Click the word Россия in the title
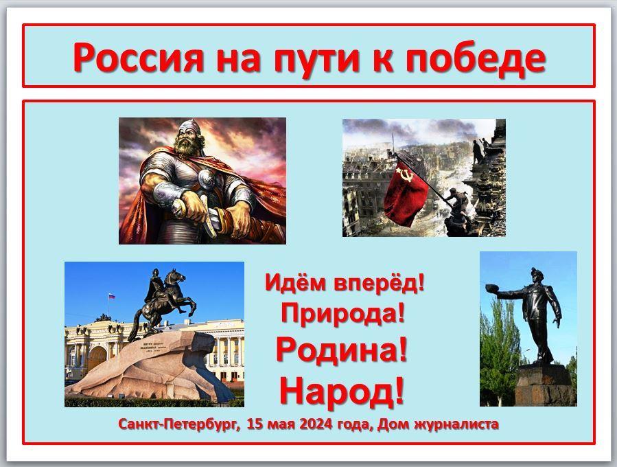tap(138, 58)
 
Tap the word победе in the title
tap(476, 59)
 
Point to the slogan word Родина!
tap(341, 350)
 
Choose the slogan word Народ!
tap(342, 390)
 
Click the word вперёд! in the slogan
tap(380, 283)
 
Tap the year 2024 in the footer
tap(316, 424)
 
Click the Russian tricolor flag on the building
tap(112, 296)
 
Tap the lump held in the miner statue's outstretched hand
tap(492, 288)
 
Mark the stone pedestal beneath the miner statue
tap(546, 385)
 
